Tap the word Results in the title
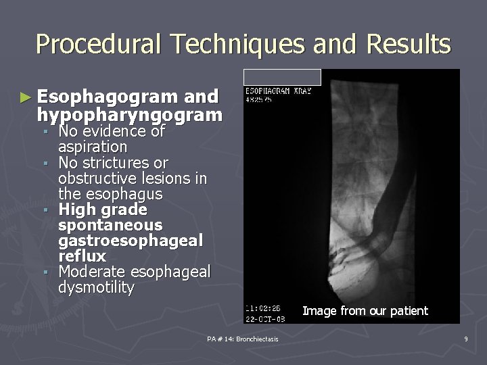tap(408, 45)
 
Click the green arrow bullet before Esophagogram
tap(25, 97)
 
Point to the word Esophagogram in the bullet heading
tap(110, 97)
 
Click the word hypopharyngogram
tap(130, 115)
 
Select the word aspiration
tap(93, 147)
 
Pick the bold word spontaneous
tap(110, 225)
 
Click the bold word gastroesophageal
tap(130, 241)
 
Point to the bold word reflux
tap(82, 256)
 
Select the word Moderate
tap(94, 272)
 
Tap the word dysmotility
tap(96, 287)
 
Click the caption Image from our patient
tap(365, 311)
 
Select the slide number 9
tap(466, 337)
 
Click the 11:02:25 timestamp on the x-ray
tap(262, 306)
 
